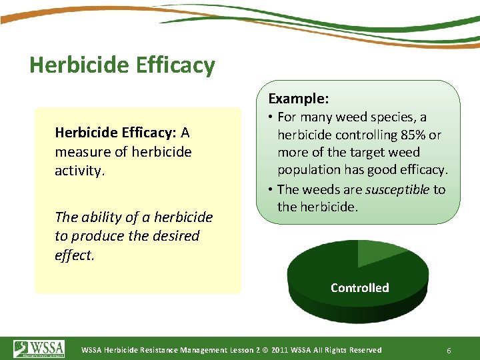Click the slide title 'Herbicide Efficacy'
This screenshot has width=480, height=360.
pos(122,65)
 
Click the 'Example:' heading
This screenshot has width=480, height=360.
pos(298,99)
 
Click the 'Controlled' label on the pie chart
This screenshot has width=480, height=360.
pos(359,288)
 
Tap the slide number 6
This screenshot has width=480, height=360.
pos(449,350)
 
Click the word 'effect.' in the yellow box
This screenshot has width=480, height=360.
pos(75,255)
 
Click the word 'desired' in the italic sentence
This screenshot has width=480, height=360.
pos(176,236)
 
